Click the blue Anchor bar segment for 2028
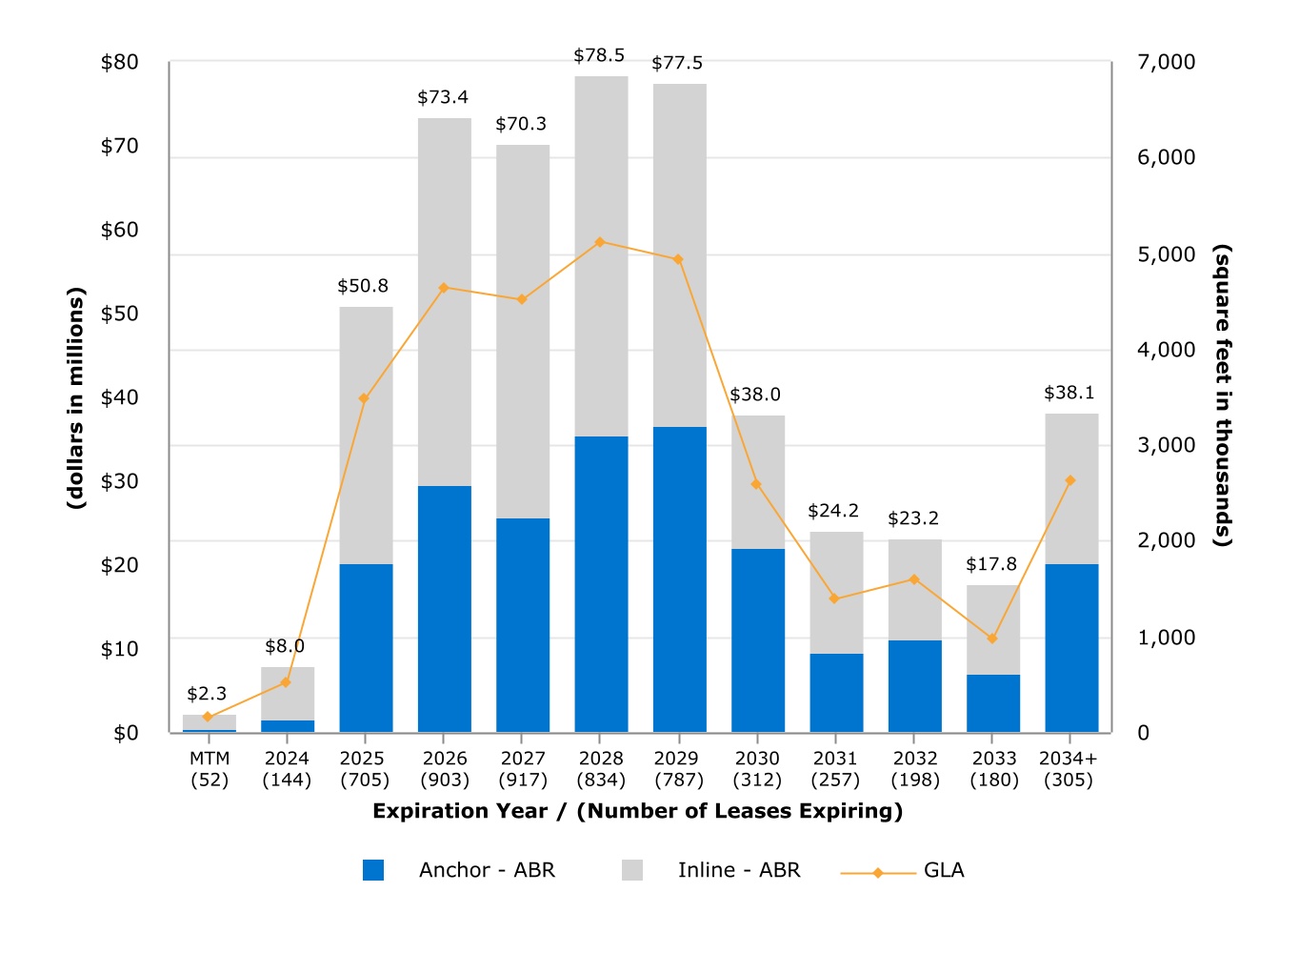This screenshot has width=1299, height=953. (601, 583)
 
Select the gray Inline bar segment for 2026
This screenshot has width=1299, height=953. (445, 301)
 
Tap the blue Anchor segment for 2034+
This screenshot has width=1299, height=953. (1071, 648)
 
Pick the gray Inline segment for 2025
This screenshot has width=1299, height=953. (366, 435)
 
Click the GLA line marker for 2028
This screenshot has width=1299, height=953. (600, 242)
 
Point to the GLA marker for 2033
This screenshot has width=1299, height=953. (992, 639)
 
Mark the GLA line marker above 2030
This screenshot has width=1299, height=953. (756, 484)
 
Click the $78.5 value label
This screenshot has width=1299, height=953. (599, 55)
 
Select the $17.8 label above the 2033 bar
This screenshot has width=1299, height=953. (991, 564)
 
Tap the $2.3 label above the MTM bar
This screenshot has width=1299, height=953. (207, 694)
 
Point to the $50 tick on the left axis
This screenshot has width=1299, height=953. (119, 314)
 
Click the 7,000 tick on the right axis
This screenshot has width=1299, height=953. (1166, 62)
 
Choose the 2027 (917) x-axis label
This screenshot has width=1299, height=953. (523, 769)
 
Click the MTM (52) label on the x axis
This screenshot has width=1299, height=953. (210, 769)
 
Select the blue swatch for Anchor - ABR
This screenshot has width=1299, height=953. (373, 870)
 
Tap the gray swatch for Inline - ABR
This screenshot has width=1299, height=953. (632, 870)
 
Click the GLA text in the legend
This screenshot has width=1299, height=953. (944, 870)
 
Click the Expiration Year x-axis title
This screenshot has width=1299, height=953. (637, 811)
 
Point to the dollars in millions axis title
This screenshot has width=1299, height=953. (76, 398)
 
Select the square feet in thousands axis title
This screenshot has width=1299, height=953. (1222, 395)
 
